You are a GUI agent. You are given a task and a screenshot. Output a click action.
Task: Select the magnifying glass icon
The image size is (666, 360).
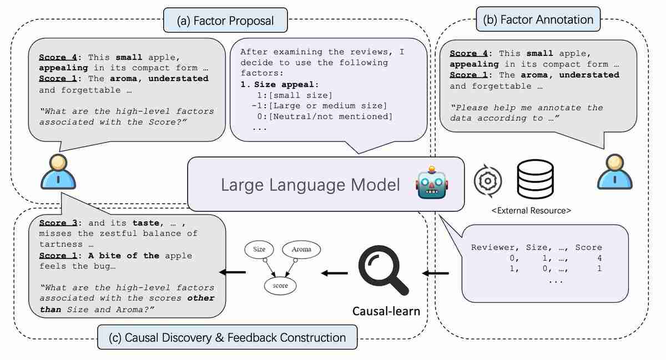(382, 270)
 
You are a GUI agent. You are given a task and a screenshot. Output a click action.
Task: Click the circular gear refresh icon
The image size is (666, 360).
(488, 180)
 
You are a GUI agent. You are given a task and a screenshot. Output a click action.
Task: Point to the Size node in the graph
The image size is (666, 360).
(259, 250)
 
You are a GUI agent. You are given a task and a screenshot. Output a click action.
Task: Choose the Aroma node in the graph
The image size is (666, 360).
(300, 250)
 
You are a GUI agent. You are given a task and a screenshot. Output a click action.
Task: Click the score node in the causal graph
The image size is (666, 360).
(280, 285)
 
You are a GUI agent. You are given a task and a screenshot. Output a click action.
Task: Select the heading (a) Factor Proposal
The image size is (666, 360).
(225, 21)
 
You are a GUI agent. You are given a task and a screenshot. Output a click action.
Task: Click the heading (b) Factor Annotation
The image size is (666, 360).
(538, 19)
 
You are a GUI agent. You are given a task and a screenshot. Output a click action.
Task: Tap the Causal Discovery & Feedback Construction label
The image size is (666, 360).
(228, 337)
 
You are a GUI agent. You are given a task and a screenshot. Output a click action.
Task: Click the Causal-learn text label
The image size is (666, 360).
(386, 311)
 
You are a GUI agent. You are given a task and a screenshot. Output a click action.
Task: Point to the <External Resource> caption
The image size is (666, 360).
(532, 210)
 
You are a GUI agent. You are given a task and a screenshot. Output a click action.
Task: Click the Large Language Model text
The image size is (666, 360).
(310, 185)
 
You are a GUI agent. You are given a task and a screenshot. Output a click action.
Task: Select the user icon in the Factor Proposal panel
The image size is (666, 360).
(58, 171)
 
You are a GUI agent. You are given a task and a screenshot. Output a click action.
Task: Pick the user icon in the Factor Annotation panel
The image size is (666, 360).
(614, 171)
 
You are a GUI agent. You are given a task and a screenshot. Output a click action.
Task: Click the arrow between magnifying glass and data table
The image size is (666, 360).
(436, 273)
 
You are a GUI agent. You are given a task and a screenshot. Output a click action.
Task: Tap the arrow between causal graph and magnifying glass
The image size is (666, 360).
(335, 273)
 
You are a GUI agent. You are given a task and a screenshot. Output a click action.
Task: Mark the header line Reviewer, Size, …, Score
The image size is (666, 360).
(536, 247)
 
